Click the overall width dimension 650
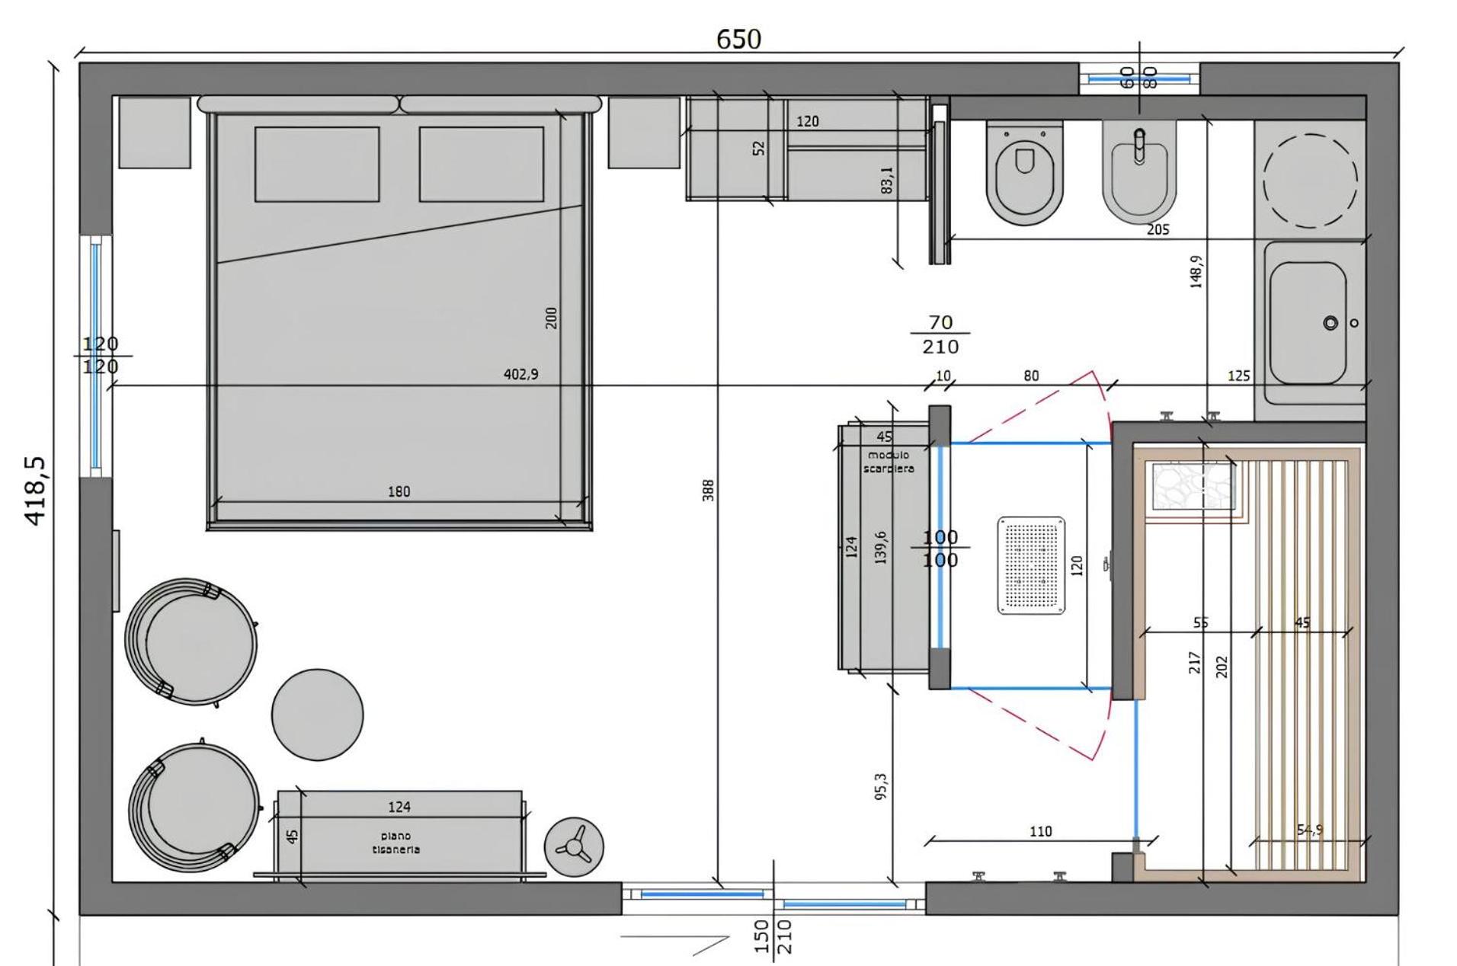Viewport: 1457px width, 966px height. [738, 39]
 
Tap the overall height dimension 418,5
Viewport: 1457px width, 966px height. [36, 490]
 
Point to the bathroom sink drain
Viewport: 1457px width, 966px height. [1330, 323]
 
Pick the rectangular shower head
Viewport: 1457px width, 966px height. [1031, 565]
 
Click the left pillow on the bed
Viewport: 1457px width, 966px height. [316, 164]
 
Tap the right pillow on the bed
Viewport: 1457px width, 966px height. [481, 164]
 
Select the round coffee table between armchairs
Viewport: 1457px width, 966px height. [317, 714]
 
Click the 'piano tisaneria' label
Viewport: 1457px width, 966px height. [395, 843]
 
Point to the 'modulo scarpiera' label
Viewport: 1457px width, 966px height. [888, 462]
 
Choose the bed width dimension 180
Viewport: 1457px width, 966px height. [399, 491]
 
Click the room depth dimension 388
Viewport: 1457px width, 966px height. [708, 490]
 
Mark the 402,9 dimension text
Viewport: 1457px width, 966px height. [520, 374]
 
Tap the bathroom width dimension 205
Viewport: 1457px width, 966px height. [1158, 229]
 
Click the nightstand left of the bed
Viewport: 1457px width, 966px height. [155, 132]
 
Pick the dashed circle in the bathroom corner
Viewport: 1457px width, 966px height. [1310, 181]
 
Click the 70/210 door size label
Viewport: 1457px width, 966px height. [940, 334]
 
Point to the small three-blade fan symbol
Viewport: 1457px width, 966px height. [573, 846]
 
